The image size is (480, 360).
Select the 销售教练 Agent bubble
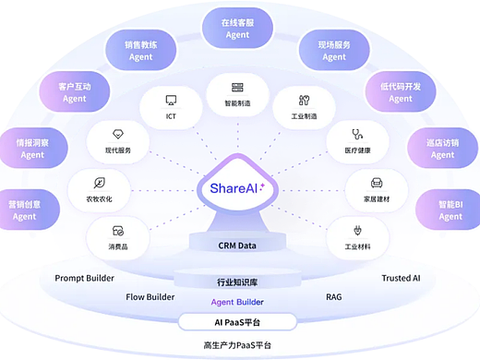141,50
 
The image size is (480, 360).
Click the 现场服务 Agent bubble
334,50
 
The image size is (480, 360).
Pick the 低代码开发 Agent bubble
400,92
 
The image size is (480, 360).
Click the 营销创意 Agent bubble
24,210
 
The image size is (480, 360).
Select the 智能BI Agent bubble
450,210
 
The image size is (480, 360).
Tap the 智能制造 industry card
237,92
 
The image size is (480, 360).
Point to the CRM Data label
237,246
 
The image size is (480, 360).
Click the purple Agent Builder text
237,302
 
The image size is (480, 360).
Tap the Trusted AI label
402,278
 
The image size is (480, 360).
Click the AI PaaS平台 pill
237,321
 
